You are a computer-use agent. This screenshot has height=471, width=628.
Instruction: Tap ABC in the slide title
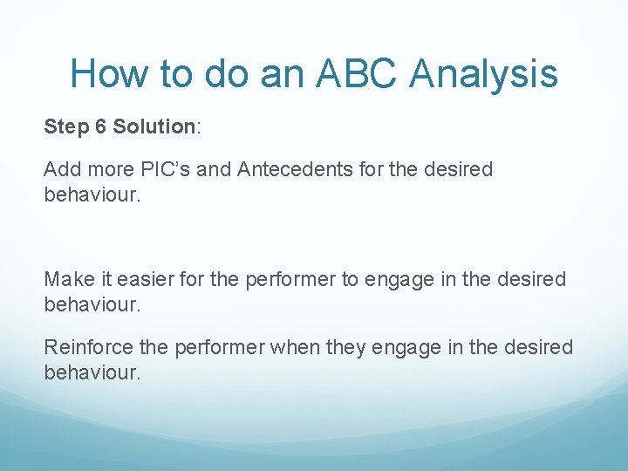click(x=356, y=73)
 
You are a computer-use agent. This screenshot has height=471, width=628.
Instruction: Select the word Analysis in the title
click(x=483, y=73)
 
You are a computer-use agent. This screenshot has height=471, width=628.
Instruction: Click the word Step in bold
click(x=64, y=127)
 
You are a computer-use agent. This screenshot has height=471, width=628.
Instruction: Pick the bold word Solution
click(x=154, y=127)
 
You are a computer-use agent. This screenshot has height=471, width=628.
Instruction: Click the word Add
click(x=62, y=169)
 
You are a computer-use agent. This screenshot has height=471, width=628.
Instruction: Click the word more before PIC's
click(x=110, y=169)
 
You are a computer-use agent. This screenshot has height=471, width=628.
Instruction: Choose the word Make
click(x=67, y=279)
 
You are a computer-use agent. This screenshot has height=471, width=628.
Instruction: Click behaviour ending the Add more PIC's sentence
click(x=91, y=194)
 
